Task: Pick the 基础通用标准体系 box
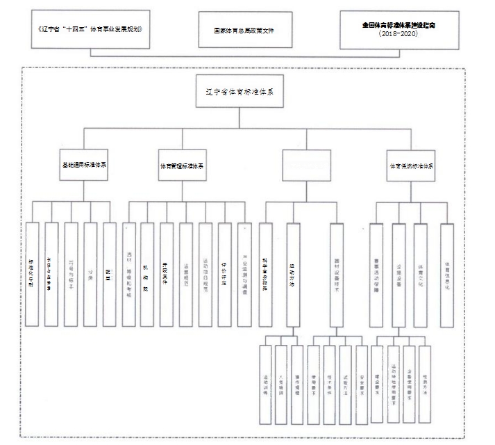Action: coord(85,166)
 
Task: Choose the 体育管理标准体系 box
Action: coord(182,166)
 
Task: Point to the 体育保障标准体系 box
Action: coord(411,166)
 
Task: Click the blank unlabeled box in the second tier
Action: coord(306,166)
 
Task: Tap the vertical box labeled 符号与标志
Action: coord(71,264)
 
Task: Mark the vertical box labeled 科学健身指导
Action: coord(266,264)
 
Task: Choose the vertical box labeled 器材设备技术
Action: coord(337,275)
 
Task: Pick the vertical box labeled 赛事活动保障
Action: coord(376,264)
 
